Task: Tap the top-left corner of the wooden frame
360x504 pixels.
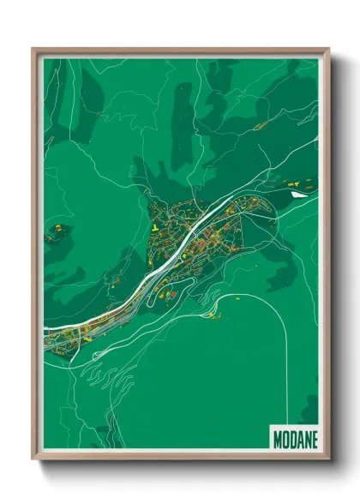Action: pyautogui.click(x=33, y=50)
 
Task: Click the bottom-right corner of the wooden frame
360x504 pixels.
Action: pyautogui.click(x=328, y=459)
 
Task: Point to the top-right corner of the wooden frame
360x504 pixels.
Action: pyautogui.click(x=328, y=50)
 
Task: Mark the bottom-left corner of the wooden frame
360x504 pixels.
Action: pyautogui.click(x=33, y=459)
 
